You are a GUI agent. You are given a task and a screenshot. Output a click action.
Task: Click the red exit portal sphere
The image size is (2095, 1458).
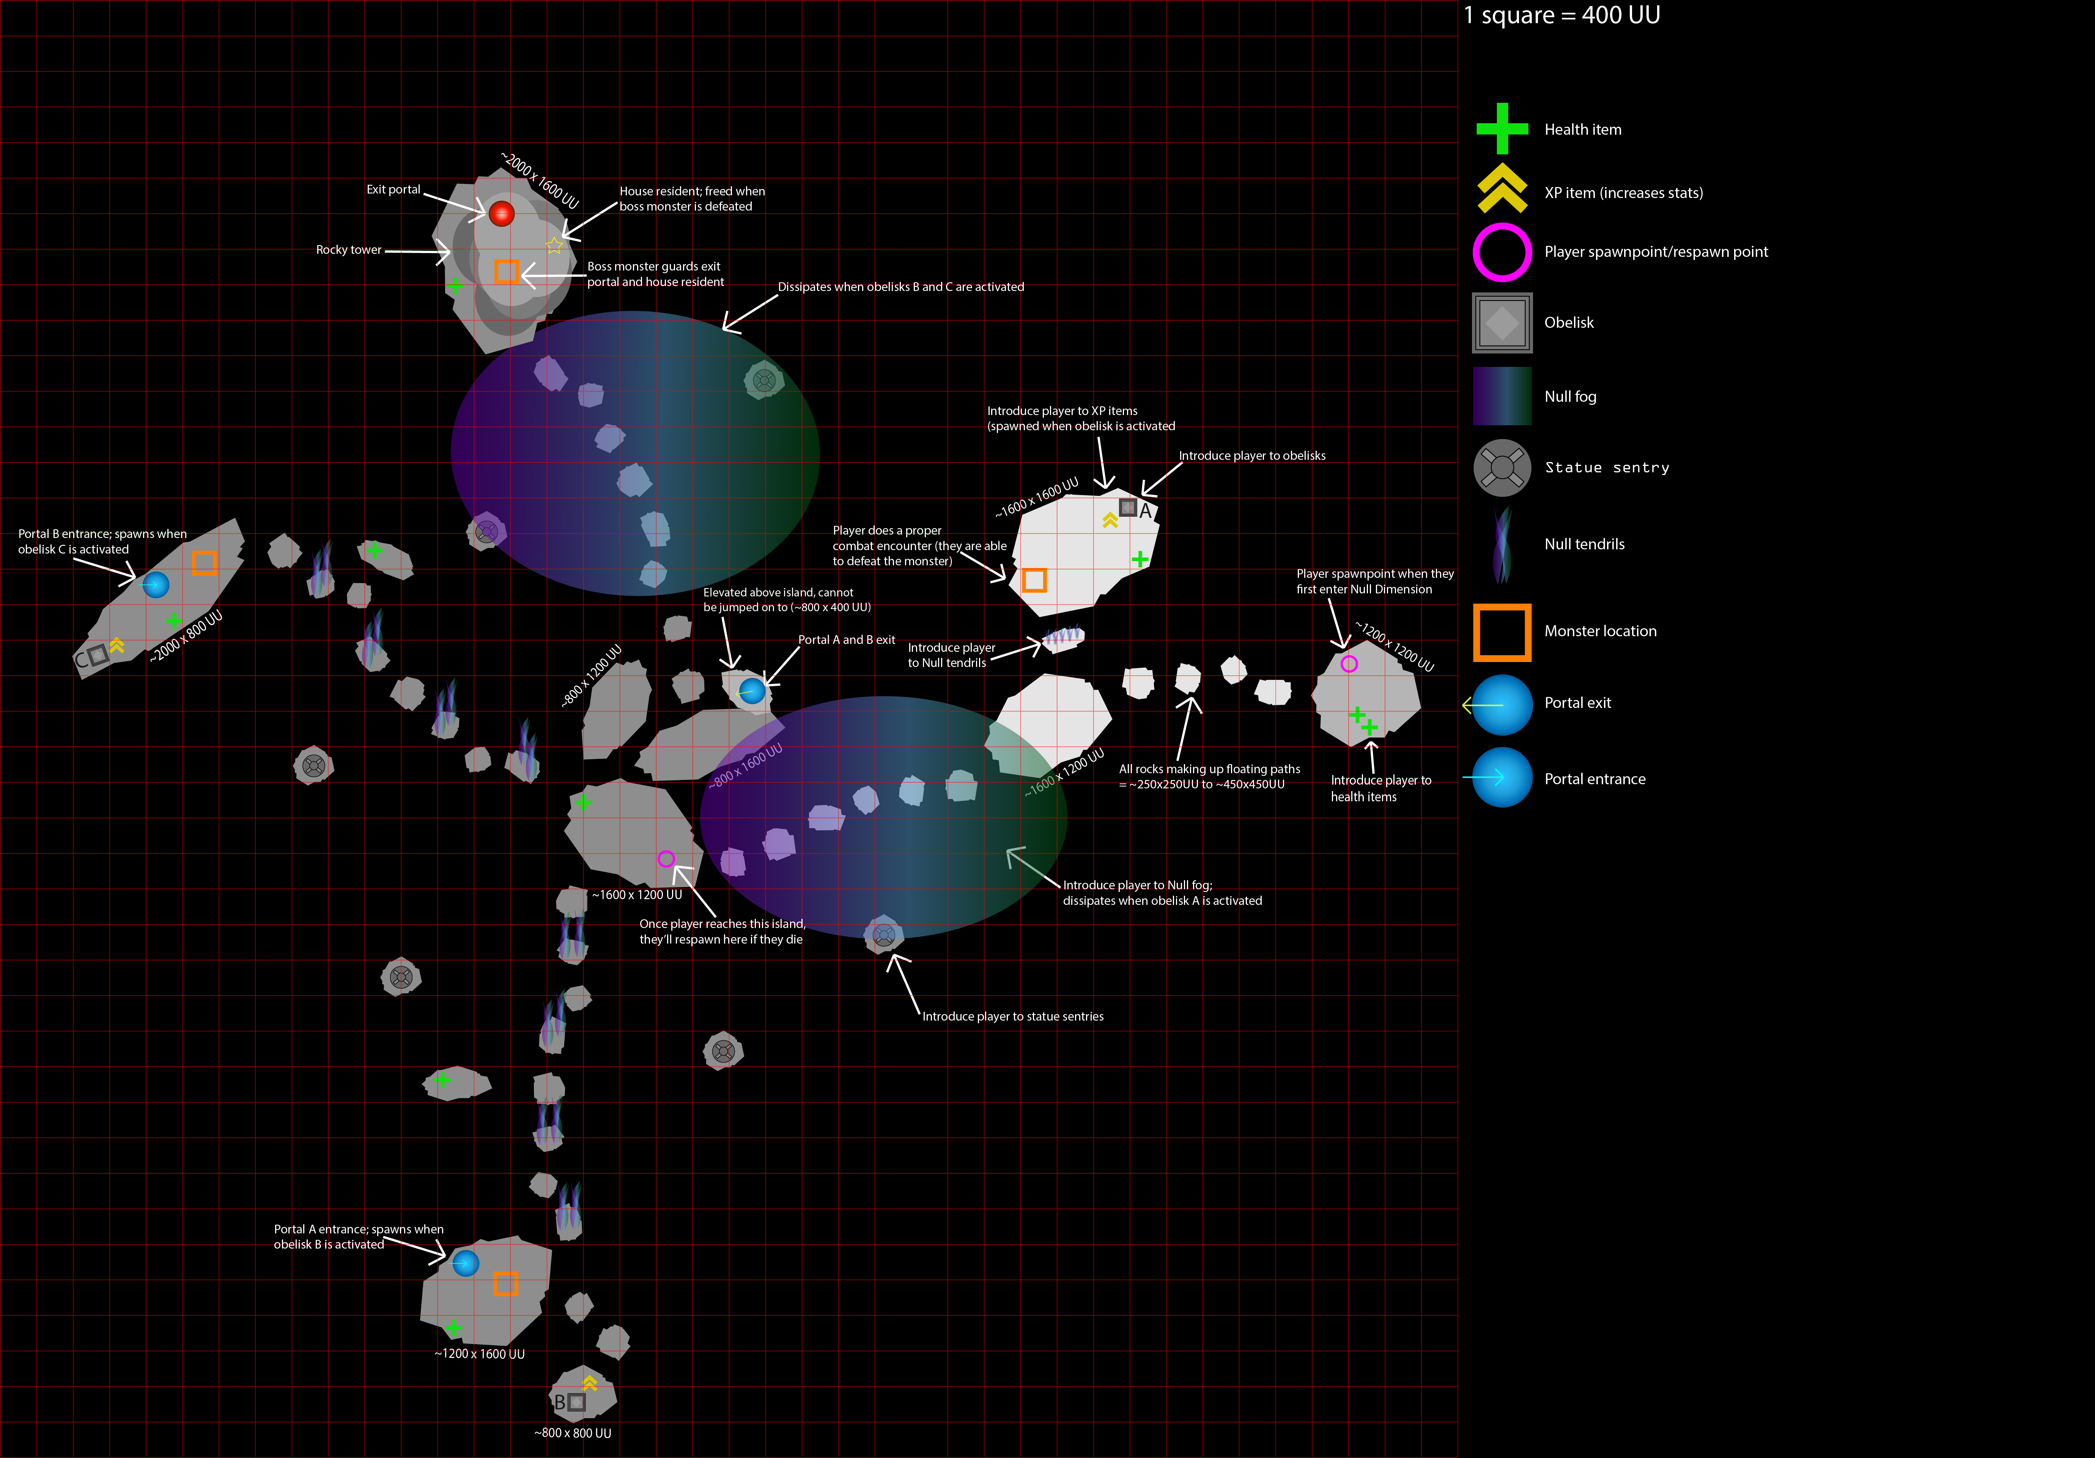pyautogui.click(x=501, y=214)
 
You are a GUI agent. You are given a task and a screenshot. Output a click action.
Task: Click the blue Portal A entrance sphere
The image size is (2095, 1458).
pyautogui.click(x=465, y=1263)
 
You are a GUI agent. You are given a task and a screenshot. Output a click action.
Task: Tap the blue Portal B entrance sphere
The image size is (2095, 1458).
pyautogui.click(x=156, y=584)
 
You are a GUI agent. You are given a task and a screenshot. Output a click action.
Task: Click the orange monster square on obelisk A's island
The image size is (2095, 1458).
pyautogui.click(x=1034, y=579)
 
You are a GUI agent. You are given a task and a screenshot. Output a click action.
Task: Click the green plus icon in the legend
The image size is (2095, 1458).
pyautogui.click(x=1502, y=129)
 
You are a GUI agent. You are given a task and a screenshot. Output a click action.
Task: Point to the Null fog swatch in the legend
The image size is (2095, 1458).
pyautogui.click(x=1502, y=396)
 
